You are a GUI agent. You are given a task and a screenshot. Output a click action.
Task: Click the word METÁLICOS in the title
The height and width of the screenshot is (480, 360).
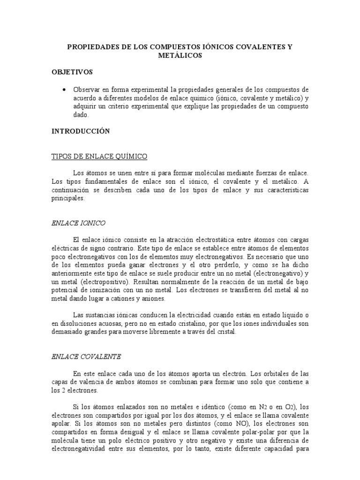pyautogui.click(x=180, y=55)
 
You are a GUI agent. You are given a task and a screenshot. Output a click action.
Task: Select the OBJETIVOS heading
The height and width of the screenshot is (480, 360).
pyautogui.click(x=72, y=72)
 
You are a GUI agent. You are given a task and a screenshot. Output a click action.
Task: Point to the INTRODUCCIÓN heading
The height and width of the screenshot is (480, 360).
pyautogui.click(x=81, y=131)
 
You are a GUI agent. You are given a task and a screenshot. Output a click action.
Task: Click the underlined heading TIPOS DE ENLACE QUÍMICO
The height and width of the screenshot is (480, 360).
pyautogui.click(x=99, y=156)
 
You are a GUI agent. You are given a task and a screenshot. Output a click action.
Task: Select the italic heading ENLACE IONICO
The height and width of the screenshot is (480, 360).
pyautogui.click(x=78, y=224)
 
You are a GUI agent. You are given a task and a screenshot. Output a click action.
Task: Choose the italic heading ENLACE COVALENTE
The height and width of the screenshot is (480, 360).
pyautogui.click(x=86, y=356)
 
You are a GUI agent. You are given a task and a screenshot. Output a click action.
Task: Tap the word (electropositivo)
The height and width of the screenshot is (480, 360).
pyautogui.click(x=96, y=283)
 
